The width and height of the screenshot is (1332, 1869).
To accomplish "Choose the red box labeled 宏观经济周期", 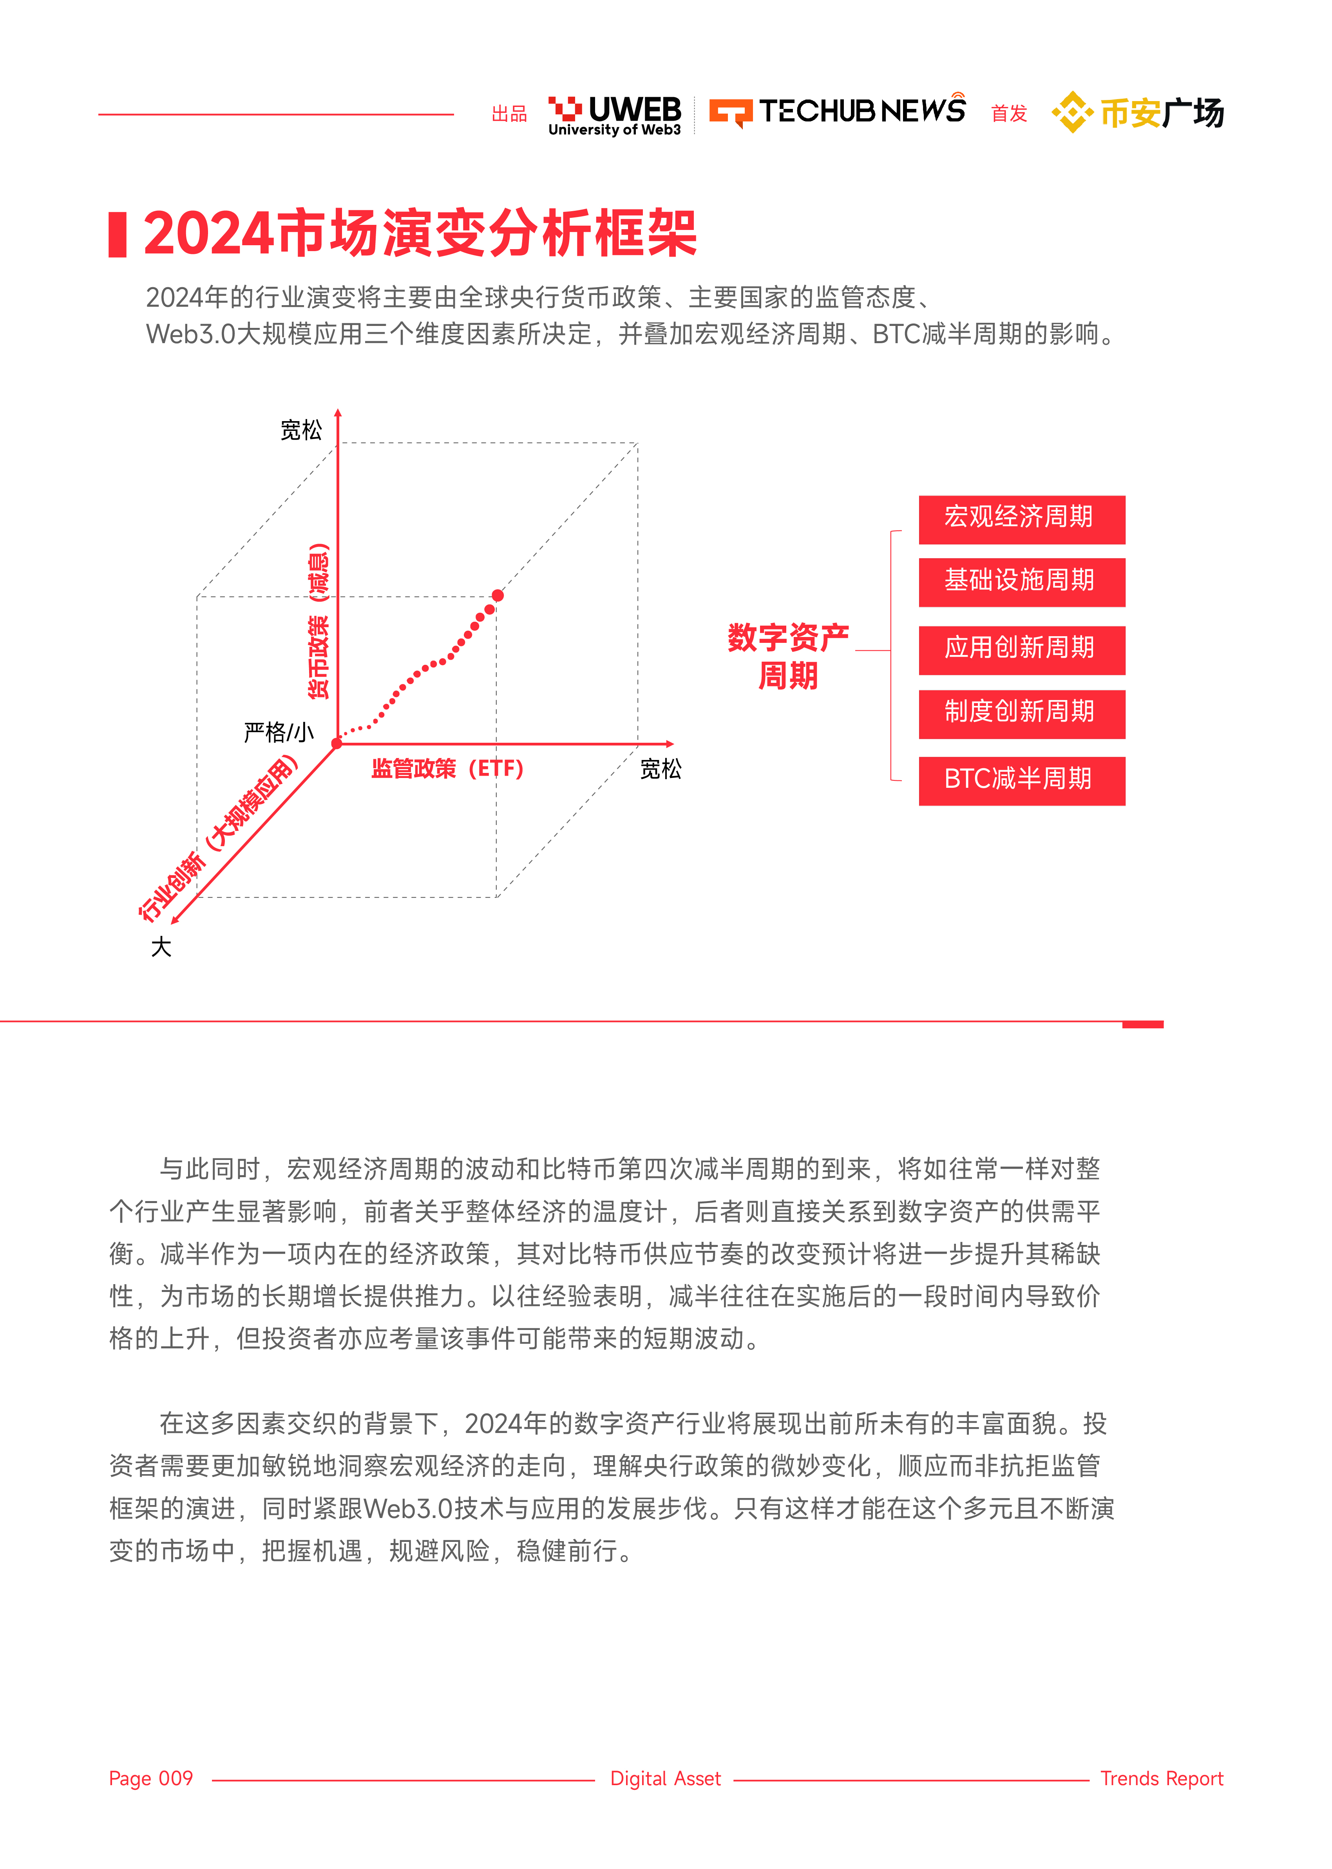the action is pyautogui.click(x=1021, y=519).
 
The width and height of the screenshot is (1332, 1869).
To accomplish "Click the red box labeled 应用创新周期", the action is pyautogui.click(x=1021, y=650).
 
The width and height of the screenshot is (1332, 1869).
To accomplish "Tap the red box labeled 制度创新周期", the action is pyautogui.click(x=1021, y=713).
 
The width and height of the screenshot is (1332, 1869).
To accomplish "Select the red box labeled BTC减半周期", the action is pyautogui.click(x=1021, y=781).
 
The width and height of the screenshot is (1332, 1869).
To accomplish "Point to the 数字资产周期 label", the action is pyautogui.click(x=787, y=656).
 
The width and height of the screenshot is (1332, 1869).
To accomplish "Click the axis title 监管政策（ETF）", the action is pyautogui.click(x=447, y=769).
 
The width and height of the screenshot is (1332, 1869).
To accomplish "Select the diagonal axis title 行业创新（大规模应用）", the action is pyautogui.click(x=217, y=841).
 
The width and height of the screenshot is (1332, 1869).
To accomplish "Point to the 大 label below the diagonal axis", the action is pyautogui.click(x=161, y=947).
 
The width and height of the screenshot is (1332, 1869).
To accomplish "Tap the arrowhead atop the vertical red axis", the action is pyautogui.click(x=338, y=414).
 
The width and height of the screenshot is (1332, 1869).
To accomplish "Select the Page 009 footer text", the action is pyautogui.click(x=151, y=1778).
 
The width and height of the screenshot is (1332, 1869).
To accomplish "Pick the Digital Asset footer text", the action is pyautogui.click(x=665, y=1778).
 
